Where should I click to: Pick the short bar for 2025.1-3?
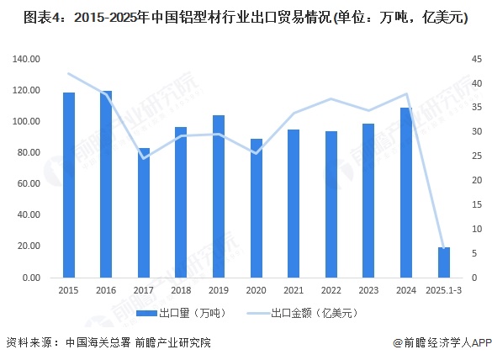(443, 262)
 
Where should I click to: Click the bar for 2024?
(406, 193)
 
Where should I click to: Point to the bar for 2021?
(294, 204)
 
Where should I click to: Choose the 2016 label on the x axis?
(106, 290)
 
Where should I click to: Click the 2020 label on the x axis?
(256, 290)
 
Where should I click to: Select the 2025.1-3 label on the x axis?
(443, 290)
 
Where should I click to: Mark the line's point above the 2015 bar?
(69, 74)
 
